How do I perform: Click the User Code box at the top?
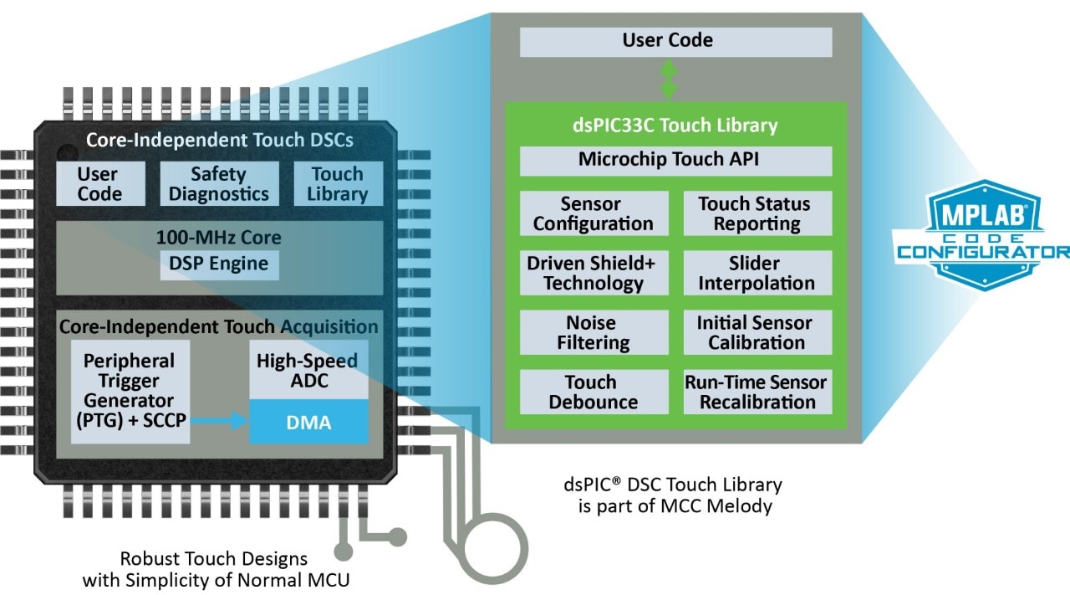click(675, 42)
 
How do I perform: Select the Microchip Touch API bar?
click(675, 161)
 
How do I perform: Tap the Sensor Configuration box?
click(594, 213)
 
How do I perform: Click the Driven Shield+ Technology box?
click(594, 273)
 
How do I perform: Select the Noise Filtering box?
click(594, 332)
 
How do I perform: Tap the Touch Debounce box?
click(594, 392)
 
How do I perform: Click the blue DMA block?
click(308, 422)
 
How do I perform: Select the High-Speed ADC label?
click(308, 371)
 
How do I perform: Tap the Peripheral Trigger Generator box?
click(130, 390)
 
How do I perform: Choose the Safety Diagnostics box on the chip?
click(219, 184)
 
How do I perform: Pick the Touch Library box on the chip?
click(338, 184)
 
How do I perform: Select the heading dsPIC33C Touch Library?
click(675, 126)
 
